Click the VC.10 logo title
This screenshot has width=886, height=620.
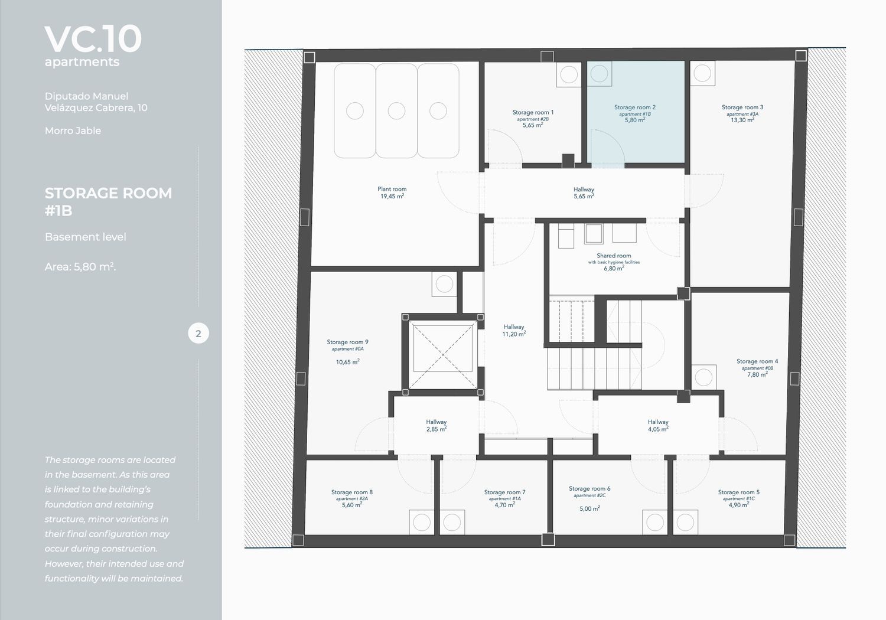point(93,39)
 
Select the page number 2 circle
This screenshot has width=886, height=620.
point(198,334)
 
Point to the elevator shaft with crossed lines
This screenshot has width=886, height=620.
point(442,354)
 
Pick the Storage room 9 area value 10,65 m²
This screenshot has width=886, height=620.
point(348,362)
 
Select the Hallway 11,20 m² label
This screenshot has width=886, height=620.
point(514,331)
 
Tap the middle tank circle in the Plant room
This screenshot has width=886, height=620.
point(396,111)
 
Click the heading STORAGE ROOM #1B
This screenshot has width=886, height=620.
point(108,202)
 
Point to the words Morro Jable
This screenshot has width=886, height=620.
point(73,130)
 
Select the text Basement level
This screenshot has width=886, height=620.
point(86,237)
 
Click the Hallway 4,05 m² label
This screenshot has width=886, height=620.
point(658,426)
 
